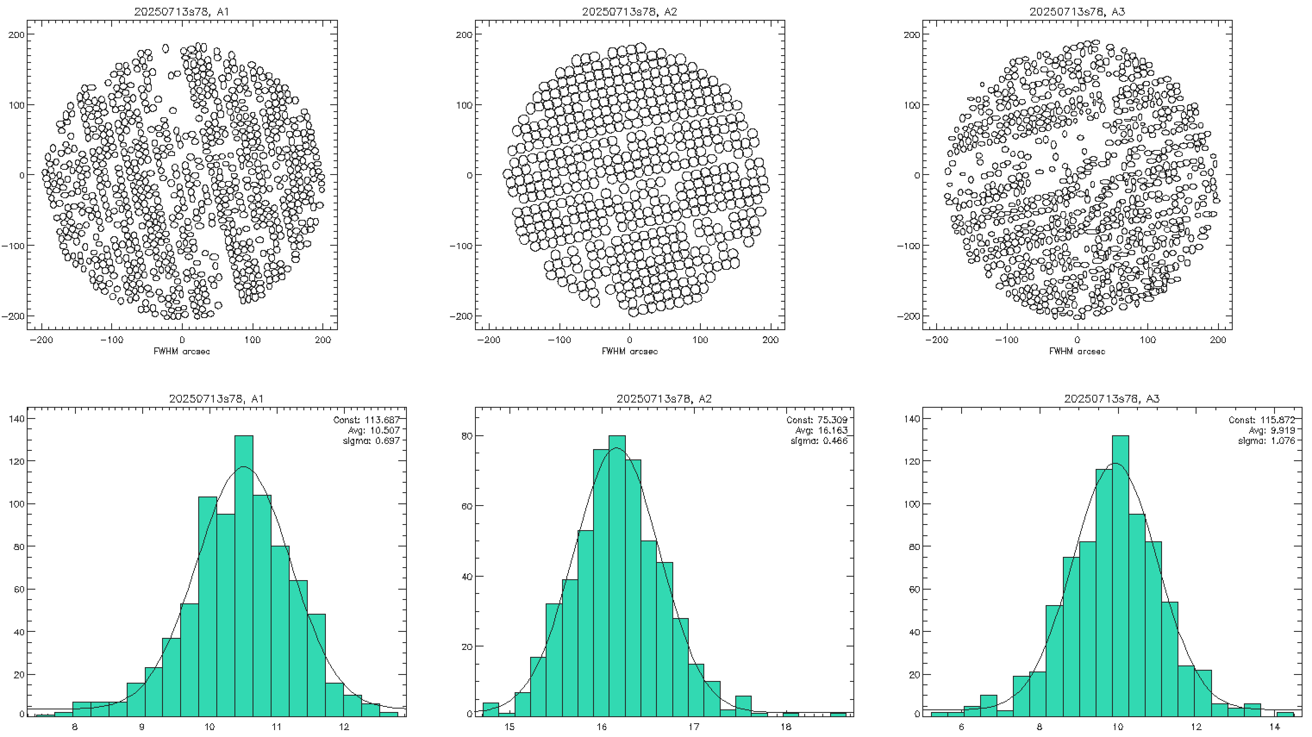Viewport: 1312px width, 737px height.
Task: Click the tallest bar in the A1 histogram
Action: pyautogui.click(x=244, y=575)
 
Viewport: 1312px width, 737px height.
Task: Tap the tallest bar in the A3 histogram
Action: pyautogui.click(x=1120, y=575)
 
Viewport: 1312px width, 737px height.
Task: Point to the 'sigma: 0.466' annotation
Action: pyautogui.click(x=819, y=440)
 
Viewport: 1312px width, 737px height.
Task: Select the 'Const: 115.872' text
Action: pyautogui.click(x=1262, y=420)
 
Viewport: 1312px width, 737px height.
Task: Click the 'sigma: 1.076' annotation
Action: pyautogui.click(x=1266, y=440)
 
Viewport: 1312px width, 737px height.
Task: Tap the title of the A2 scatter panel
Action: pyautogui.click(x=630, y=11)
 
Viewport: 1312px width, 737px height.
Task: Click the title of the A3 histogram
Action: pyautogui.click(x=1112, y=398)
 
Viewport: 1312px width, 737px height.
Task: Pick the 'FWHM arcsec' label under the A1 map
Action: pyautogui.click(x=182, y=351)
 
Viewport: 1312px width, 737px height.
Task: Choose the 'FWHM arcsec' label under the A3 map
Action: pyautogui.click(x=1077, y=351)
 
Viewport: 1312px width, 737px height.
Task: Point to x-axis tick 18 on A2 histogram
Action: pyautogui.click(x=786, y=727)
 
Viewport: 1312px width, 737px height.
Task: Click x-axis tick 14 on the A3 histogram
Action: pyautogui.click(x=1275, y=727)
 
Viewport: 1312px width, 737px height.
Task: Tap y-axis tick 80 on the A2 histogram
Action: pyautogui.click(x=466, y=436)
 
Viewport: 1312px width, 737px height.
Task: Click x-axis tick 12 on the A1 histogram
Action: pyautogui.click(x=344, y=727)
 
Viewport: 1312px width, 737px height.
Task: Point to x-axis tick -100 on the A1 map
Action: pyautogui.click(x=111, y=340)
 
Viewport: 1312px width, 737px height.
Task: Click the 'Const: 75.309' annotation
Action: pyautogui.click(x=817, y=420)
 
